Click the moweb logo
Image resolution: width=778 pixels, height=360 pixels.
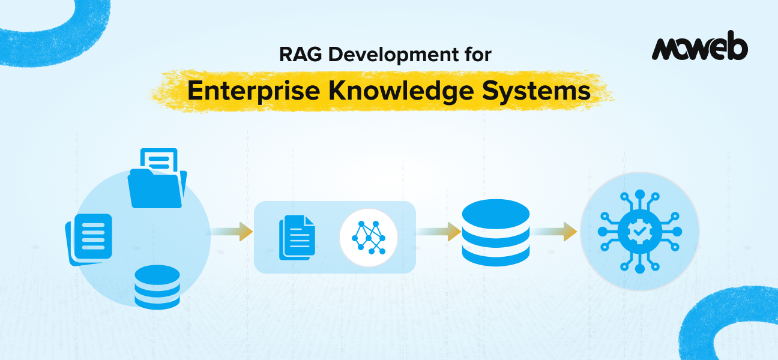click(699, 49)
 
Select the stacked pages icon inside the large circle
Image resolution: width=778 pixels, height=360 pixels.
click(89, 239)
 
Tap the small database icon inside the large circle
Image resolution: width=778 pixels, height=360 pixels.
click(157, 286)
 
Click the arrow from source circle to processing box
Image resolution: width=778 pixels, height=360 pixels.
click(232, 232)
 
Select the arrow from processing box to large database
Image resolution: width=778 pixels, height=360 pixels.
click(438, 232)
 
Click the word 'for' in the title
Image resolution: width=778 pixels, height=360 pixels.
click(478, 55)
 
